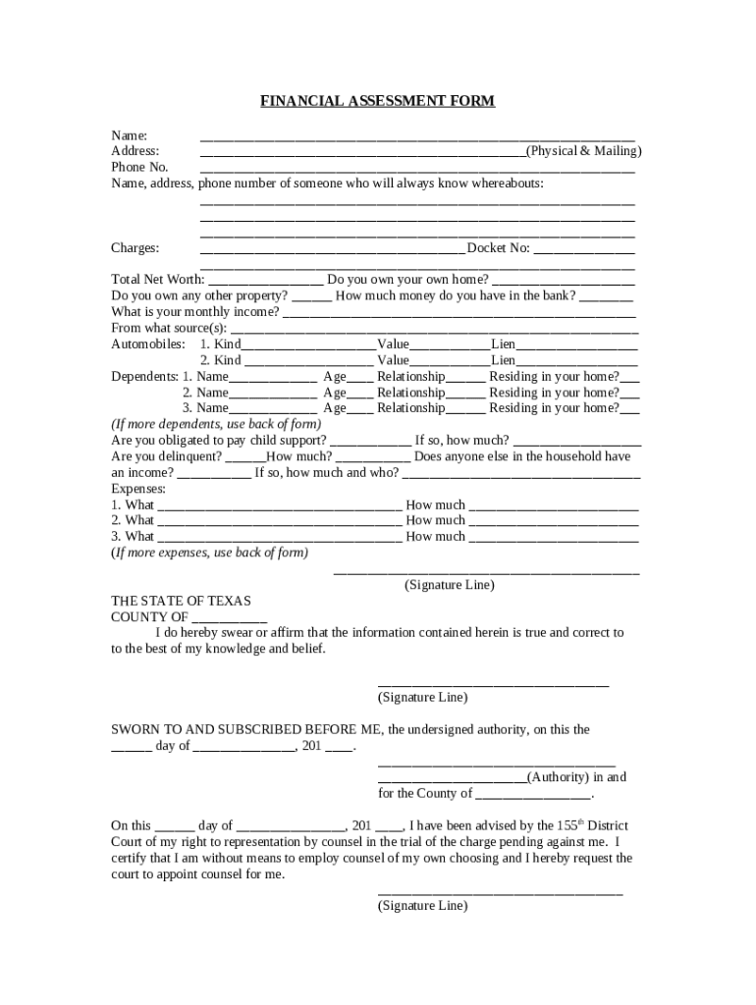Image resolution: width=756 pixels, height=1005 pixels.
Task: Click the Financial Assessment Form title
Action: click(377, 101)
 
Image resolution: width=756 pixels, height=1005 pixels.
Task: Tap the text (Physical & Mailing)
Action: click(583, 151)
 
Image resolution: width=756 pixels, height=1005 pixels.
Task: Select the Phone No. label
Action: click(139, 167)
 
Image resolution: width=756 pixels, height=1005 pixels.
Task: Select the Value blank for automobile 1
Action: click(450, 345)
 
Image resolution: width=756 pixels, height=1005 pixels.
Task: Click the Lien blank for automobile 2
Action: click(577, 361)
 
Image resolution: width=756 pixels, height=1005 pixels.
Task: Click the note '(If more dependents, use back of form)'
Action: click(215, 424)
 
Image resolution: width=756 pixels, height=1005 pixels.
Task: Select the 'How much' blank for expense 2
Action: click(554, 521)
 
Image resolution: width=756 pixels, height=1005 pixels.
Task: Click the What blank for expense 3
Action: click(279, 538)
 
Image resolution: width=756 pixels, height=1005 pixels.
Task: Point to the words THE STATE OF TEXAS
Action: click(181, 601)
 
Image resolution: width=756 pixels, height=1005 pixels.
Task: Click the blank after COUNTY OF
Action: click(230, 618)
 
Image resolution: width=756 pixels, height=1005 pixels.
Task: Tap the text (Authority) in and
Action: click(577, 777)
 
